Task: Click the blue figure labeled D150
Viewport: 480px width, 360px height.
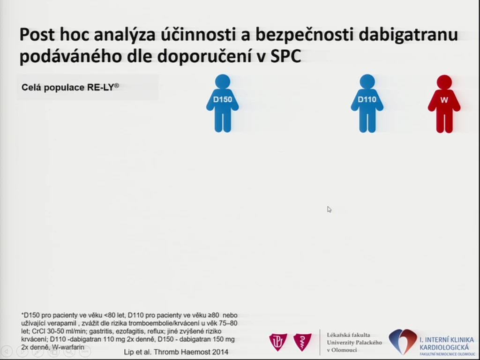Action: point(223,104)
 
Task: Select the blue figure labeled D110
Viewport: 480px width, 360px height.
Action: point(367,104)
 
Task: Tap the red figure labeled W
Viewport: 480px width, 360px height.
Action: point(444,104)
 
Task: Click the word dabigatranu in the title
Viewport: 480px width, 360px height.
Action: point(408,34)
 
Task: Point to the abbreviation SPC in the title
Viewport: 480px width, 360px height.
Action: point(285,56)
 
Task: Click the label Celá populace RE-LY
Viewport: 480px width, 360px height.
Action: point(70,87)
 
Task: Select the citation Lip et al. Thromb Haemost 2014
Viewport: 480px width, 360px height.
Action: point(176,352)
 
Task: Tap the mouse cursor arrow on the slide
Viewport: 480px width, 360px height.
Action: point(329,210)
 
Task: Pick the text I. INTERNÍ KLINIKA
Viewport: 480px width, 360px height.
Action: point(447,340)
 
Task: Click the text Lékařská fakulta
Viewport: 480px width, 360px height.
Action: point(348,335)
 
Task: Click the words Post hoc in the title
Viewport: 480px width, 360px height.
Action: point(55,34)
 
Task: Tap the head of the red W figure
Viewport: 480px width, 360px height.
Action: point(444,82)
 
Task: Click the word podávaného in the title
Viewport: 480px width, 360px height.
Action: point(71,57)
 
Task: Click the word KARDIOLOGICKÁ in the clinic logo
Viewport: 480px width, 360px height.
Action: point(444,347)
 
